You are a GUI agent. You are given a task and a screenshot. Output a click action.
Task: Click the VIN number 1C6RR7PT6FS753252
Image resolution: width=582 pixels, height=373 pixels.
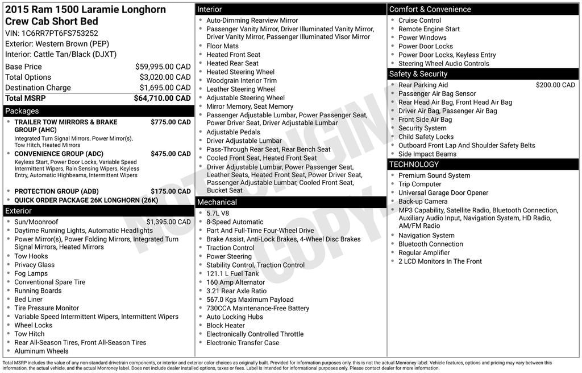tap(60, 33)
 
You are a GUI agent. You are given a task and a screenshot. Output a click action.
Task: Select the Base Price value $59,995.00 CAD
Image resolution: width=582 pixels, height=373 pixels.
tap(163, 67)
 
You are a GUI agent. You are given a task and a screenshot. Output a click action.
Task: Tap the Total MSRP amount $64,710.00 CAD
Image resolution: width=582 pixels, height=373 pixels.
tap(162, 98)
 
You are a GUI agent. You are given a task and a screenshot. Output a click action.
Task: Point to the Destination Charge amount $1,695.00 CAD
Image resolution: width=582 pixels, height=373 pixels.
tap(165, 88)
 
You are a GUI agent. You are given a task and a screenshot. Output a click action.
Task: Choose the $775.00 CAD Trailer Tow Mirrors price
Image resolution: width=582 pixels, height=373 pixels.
tap(171, 122)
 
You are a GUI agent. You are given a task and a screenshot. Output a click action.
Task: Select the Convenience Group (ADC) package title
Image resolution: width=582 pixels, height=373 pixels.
tap(59, 154)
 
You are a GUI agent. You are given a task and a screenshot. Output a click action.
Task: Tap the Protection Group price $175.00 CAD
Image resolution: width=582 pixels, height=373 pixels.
tap(171, 191)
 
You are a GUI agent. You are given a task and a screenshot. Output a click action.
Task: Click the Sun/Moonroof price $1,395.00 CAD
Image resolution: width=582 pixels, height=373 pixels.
tap(168, 222)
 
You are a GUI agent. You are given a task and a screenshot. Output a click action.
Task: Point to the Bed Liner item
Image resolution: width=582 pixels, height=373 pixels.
tap(28, 300)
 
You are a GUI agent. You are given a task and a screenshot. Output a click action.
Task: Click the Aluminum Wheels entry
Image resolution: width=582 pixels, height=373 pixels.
tap(41, 351)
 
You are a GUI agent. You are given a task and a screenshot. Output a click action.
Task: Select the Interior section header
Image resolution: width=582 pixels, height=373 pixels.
tap(209, 9)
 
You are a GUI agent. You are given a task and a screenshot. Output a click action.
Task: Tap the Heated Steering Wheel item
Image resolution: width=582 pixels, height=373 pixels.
tap(240, 72)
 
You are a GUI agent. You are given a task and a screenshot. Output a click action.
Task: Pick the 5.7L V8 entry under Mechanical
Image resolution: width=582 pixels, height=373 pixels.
tap(218, 214)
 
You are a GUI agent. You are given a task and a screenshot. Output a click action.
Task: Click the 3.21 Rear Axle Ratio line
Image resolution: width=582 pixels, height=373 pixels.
tap(236, 291)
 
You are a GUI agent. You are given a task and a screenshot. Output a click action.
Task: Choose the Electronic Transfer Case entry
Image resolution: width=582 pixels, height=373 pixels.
tap(243, 343)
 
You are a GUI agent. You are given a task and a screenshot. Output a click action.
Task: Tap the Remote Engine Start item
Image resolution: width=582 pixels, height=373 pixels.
tap(429, 29)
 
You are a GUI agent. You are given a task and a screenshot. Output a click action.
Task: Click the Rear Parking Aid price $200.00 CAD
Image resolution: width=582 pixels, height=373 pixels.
tap(555, 85)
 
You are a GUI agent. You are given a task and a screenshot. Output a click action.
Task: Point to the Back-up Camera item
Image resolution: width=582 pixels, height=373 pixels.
tap(423, 202)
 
